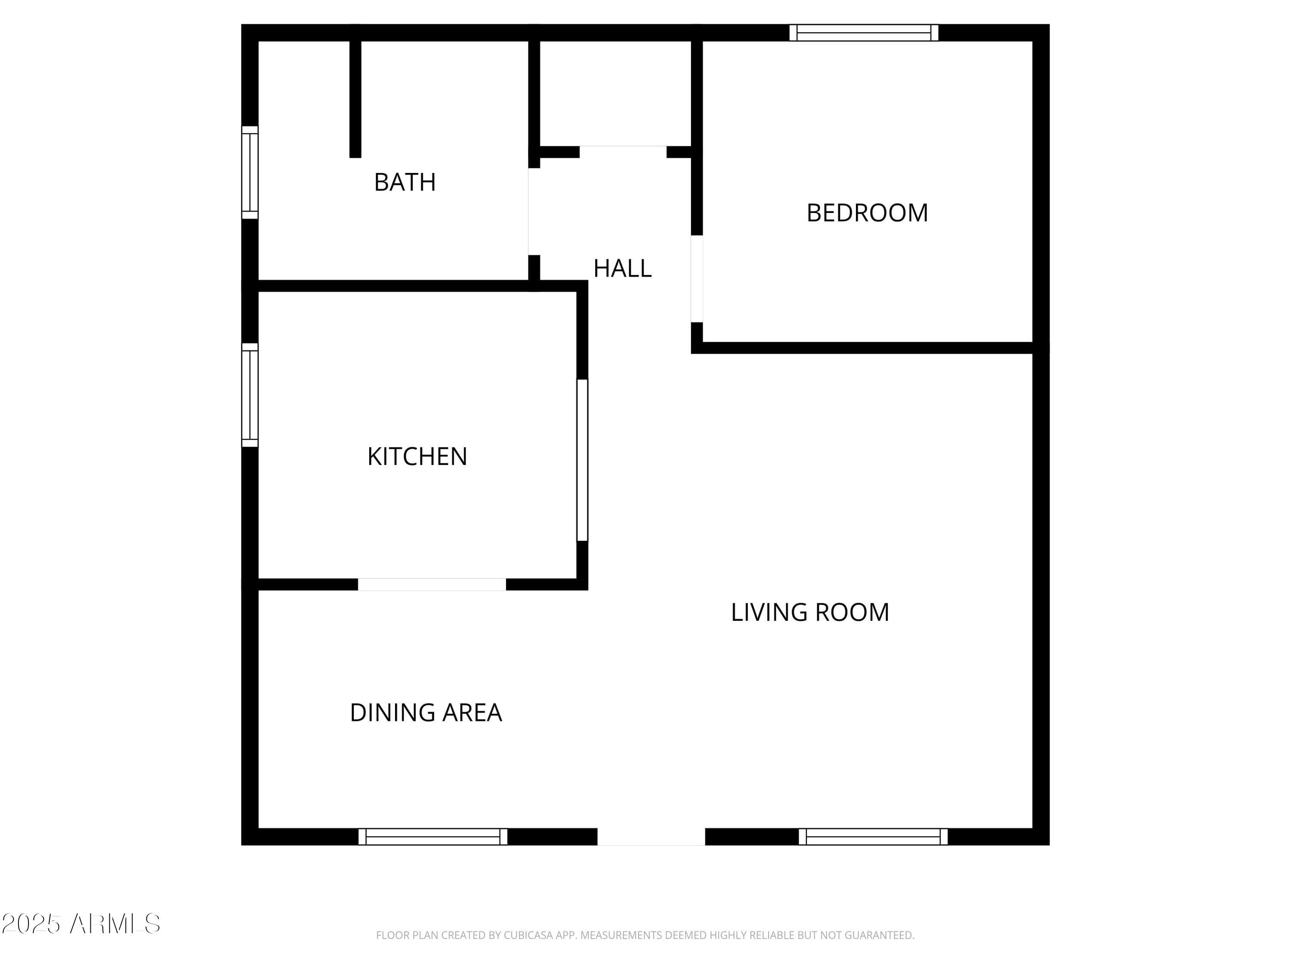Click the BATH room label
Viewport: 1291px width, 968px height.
click(405, 182)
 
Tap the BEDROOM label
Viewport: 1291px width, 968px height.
click(867, 213)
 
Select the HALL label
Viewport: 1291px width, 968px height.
click(622, 268)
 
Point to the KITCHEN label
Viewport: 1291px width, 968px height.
click(417, 456)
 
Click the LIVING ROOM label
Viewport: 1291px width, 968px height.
click(810, 612)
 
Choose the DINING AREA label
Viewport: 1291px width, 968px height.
click(426, 712)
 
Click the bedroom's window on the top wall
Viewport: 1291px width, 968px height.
click(864, 33)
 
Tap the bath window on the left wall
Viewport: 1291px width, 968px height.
click(250, 173)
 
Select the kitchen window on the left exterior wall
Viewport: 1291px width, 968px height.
click(250, 395)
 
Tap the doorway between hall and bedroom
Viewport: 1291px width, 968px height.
click(697, 279)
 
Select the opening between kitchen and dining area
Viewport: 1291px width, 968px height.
click(432, 584)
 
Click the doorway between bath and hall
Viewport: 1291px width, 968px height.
click(534, 211)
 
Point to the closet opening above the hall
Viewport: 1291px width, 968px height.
click(623, 152)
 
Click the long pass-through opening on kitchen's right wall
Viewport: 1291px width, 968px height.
click(582, 460)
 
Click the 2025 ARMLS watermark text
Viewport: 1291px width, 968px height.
click(81, 924)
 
